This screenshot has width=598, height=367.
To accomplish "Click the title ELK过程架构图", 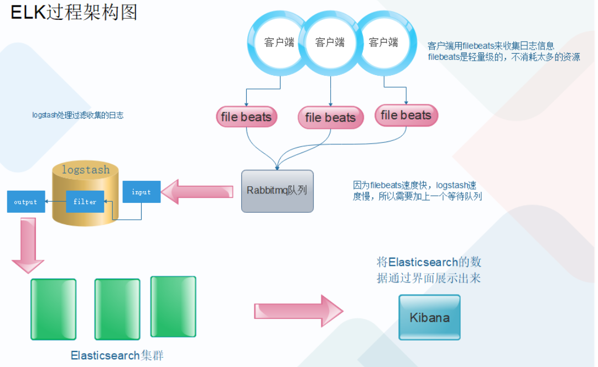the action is point(74,13).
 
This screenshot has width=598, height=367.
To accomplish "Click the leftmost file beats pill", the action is point(246,117).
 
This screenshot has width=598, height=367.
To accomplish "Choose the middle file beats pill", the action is point(330,117).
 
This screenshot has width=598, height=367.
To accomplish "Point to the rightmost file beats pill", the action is point(406,115).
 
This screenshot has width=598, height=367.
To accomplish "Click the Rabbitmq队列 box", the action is point(277,191).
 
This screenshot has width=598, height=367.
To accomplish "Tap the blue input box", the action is point(142,192).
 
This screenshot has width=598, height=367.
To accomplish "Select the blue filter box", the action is point(85,202).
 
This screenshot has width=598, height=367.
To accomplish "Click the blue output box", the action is point(26,202).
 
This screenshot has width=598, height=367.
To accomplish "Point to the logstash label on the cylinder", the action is point(86,170).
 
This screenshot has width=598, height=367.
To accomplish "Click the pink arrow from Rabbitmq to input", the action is point(197,192).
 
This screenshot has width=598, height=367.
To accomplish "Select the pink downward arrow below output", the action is point(28,245).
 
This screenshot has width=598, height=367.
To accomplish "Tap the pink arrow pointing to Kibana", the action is point(299,311).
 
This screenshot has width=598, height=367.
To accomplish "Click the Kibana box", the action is point(429,317).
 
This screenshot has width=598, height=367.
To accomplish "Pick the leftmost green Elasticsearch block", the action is point(54,309).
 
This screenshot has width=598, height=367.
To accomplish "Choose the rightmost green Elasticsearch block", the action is point(174,307).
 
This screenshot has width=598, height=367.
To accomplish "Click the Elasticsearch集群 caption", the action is point(117,355).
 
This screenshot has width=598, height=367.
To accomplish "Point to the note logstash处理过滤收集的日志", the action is point(78,115).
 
